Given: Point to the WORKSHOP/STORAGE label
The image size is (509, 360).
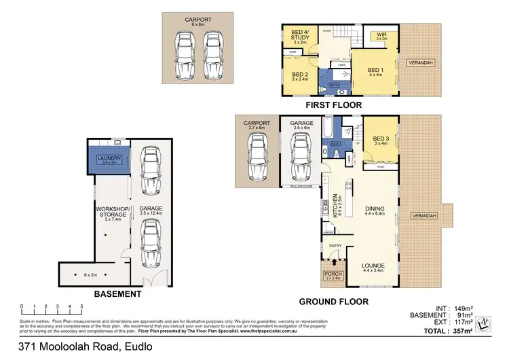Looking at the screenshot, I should click(113, 212).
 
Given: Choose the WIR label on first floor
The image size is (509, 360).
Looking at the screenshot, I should click(381, 35).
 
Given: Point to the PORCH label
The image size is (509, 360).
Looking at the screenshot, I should click(334, 274).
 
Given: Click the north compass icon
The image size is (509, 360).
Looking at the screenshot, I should click(484, 324).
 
